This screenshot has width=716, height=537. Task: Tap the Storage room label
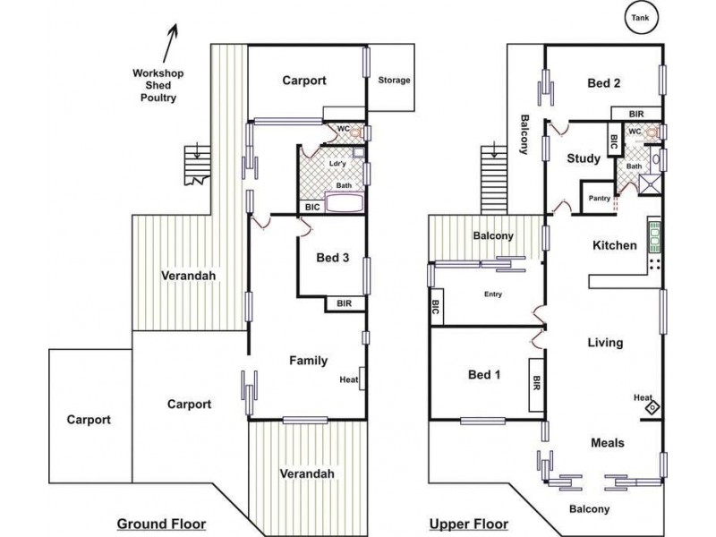pos(394,80)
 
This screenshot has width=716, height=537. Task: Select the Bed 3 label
pos(332,258)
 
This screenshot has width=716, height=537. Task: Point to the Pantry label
pos(599,198)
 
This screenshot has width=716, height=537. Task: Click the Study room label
pos(584,158)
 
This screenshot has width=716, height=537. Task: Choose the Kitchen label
pos(615,245)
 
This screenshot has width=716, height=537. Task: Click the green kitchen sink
pos(654,236)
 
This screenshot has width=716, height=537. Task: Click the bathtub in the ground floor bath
pos(345,203)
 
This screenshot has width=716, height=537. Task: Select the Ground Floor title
pos(162,524)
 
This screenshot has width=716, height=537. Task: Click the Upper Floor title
pos(469,524)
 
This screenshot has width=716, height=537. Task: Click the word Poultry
pos(158,98)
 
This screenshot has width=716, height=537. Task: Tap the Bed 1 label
pos(484,375)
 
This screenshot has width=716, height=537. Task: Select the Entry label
pos(493,294)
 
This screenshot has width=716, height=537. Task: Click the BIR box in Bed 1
pos(536,385)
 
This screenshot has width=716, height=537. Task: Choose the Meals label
pos(608,442)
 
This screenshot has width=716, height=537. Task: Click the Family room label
pos(308,361)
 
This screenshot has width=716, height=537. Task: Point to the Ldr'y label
pos(337,164)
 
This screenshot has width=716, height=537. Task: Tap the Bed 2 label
pos(603,83)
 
